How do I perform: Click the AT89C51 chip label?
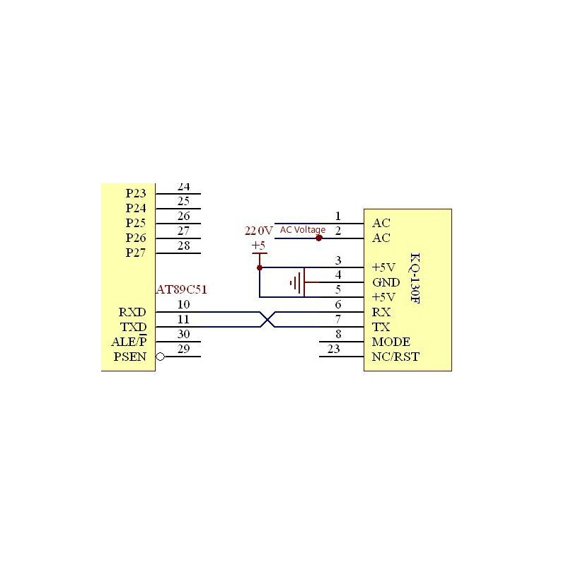click(x=182, y=289)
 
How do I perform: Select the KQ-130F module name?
click(x=415, y=278)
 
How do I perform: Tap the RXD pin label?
click(x=132, y=312)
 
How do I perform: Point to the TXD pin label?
click(x=133, y=327)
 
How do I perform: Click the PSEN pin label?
click(x=130, y=357)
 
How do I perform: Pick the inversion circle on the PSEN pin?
click(x=161, y=357)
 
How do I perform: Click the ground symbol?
click(x=297, y=282)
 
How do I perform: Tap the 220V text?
click(x=258, y=231)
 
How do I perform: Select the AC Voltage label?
click(x=303, y=229)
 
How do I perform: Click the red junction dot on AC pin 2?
click(x=319, y=238)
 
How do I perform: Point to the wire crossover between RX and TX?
click(x=267, y=320)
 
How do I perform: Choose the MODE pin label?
click(x=391, y=342)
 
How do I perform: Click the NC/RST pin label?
click(x=395, y=357)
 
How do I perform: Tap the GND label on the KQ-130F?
click(x=386, y=282)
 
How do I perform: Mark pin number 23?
click(x=333, y=349)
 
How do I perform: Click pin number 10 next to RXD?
click(x=183, y=305)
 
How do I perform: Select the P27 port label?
click(x=136, y=253)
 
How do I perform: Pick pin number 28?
click(x=183, y=246)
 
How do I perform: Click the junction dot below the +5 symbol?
click(x=260, y=267)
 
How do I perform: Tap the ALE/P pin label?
click(x=129, y=341)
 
